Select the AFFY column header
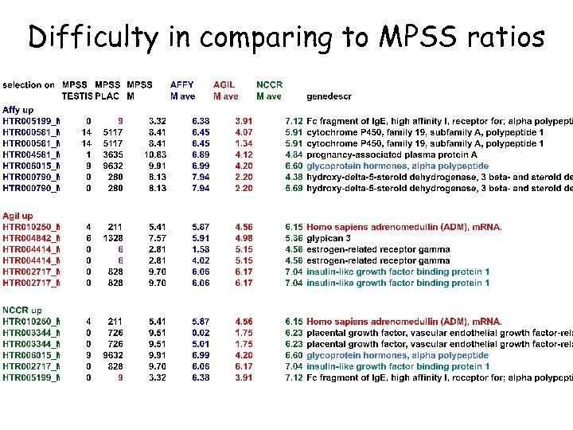click(182, 84)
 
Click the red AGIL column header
click(225, 84)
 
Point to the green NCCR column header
click(269, 84)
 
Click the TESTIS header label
click(78, 96)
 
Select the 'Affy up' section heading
click(18, 109)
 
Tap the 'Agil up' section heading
click(18, 216)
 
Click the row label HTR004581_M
click(32, 154)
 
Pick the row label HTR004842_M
click(32, 238)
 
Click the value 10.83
click(154, 154)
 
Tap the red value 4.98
click(244, 238)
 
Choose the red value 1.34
click(244, 143)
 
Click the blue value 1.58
click(201, 249)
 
